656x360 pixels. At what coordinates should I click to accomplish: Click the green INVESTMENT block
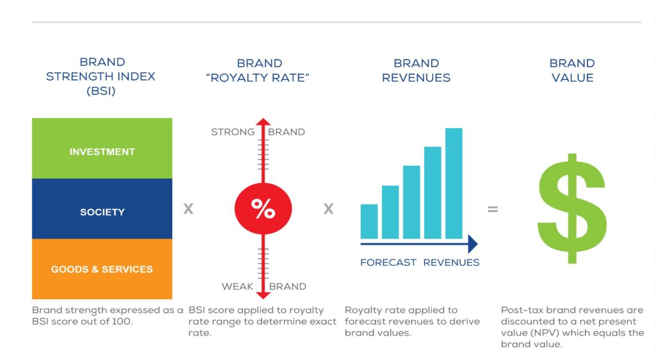(102, 149)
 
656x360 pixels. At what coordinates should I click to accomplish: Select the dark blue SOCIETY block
(102, 209)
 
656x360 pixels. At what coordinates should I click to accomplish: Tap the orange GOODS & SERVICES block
(102, 269)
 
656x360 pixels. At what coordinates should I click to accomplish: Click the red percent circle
(263, 208)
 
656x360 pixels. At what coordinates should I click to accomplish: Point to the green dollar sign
(572, 208)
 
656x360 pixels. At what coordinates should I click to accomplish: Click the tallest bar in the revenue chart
(454, 183)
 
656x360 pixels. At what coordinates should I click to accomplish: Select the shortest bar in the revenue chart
(369, 221)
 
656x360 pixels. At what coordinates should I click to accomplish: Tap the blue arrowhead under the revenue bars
(473, 244)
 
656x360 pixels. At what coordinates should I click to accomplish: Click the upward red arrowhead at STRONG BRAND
(263, 122)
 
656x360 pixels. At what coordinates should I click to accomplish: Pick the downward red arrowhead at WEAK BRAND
(263, 295)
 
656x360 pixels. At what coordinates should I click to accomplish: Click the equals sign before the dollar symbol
(493, 209)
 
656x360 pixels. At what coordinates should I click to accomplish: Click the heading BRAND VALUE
(572, 70)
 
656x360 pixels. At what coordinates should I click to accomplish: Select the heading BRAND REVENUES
(416, 70)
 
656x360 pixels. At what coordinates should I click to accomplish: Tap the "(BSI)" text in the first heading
(101, 91)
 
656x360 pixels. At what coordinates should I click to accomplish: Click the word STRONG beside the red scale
(233, 132)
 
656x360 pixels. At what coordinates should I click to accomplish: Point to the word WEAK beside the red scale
(237, 286)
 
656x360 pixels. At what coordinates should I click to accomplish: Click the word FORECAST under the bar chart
(388, 263)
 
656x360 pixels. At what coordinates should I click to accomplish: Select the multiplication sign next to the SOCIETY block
(188, 209)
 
